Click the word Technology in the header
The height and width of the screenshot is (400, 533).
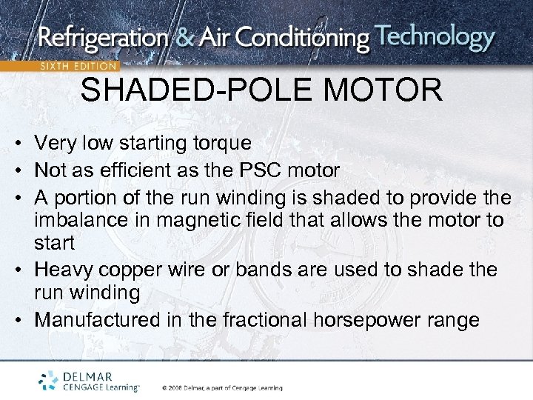coord(435,38)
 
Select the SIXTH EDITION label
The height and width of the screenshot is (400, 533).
coord(78,65)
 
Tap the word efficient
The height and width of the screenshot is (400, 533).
coord(130,170)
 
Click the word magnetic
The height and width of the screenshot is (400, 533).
coord(216,220)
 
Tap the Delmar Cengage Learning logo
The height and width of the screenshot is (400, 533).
coord(89,380)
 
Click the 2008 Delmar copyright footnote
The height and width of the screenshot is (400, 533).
coord(221,387)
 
